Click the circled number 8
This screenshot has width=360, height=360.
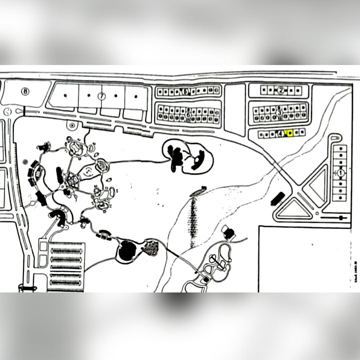(x=25, y=91)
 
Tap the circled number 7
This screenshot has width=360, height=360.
(x=102, y=95)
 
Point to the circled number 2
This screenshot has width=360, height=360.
(x=281, y=90)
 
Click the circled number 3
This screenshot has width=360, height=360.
(x=279, y=112)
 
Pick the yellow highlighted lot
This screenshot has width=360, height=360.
(x=290, y=133)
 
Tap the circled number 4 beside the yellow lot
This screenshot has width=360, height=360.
(x=281, y=133)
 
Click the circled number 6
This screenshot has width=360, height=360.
(x=188, y=114)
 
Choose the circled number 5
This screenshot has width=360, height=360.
(x=186, y=91)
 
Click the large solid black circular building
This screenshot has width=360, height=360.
(x=127, y=248)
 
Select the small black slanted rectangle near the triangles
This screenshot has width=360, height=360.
(x=277, y=198)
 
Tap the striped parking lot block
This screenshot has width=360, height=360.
(x=66, y=266)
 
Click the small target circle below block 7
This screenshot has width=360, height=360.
(x=72, y=125)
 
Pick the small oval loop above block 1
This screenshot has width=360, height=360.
(x=335, y=137)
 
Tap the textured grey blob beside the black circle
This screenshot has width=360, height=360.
(x=150, y=247)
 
